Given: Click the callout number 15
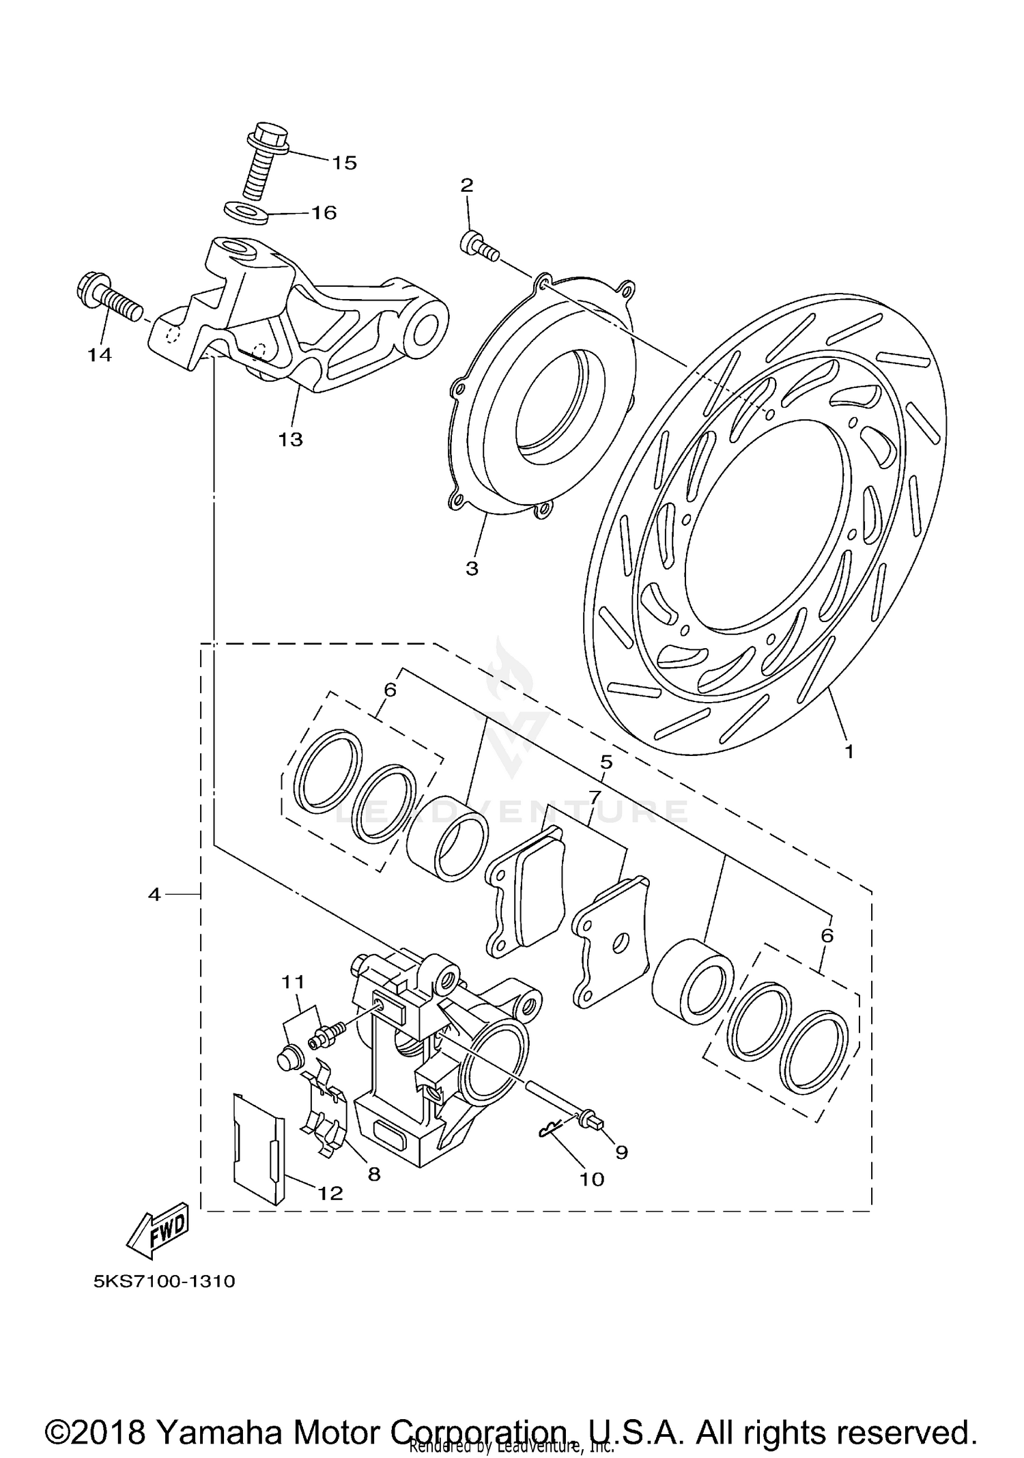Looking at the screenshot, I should (x=345, y=163).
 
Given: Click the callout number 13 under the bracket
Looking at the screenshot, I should (x=290, y=439).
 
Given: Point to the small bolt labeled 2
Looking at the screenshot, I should (x=478, y=246).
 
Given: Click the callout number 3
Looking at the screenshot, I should (x=472, y=568).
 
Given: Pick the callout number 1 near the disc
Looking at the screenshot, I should (x=849, y=752).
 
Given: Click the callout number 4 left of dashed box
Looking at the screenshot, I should (x=154, y=894).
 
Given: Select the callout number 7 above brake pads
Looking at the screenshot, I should (x=593, y=796).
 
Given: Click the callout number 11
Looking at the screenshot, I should (x=293, y=982).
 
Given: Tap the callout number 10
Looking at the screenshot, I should (x=592, y=1179).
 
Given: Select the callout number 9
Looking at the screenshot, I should (x=621, y=1152).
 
